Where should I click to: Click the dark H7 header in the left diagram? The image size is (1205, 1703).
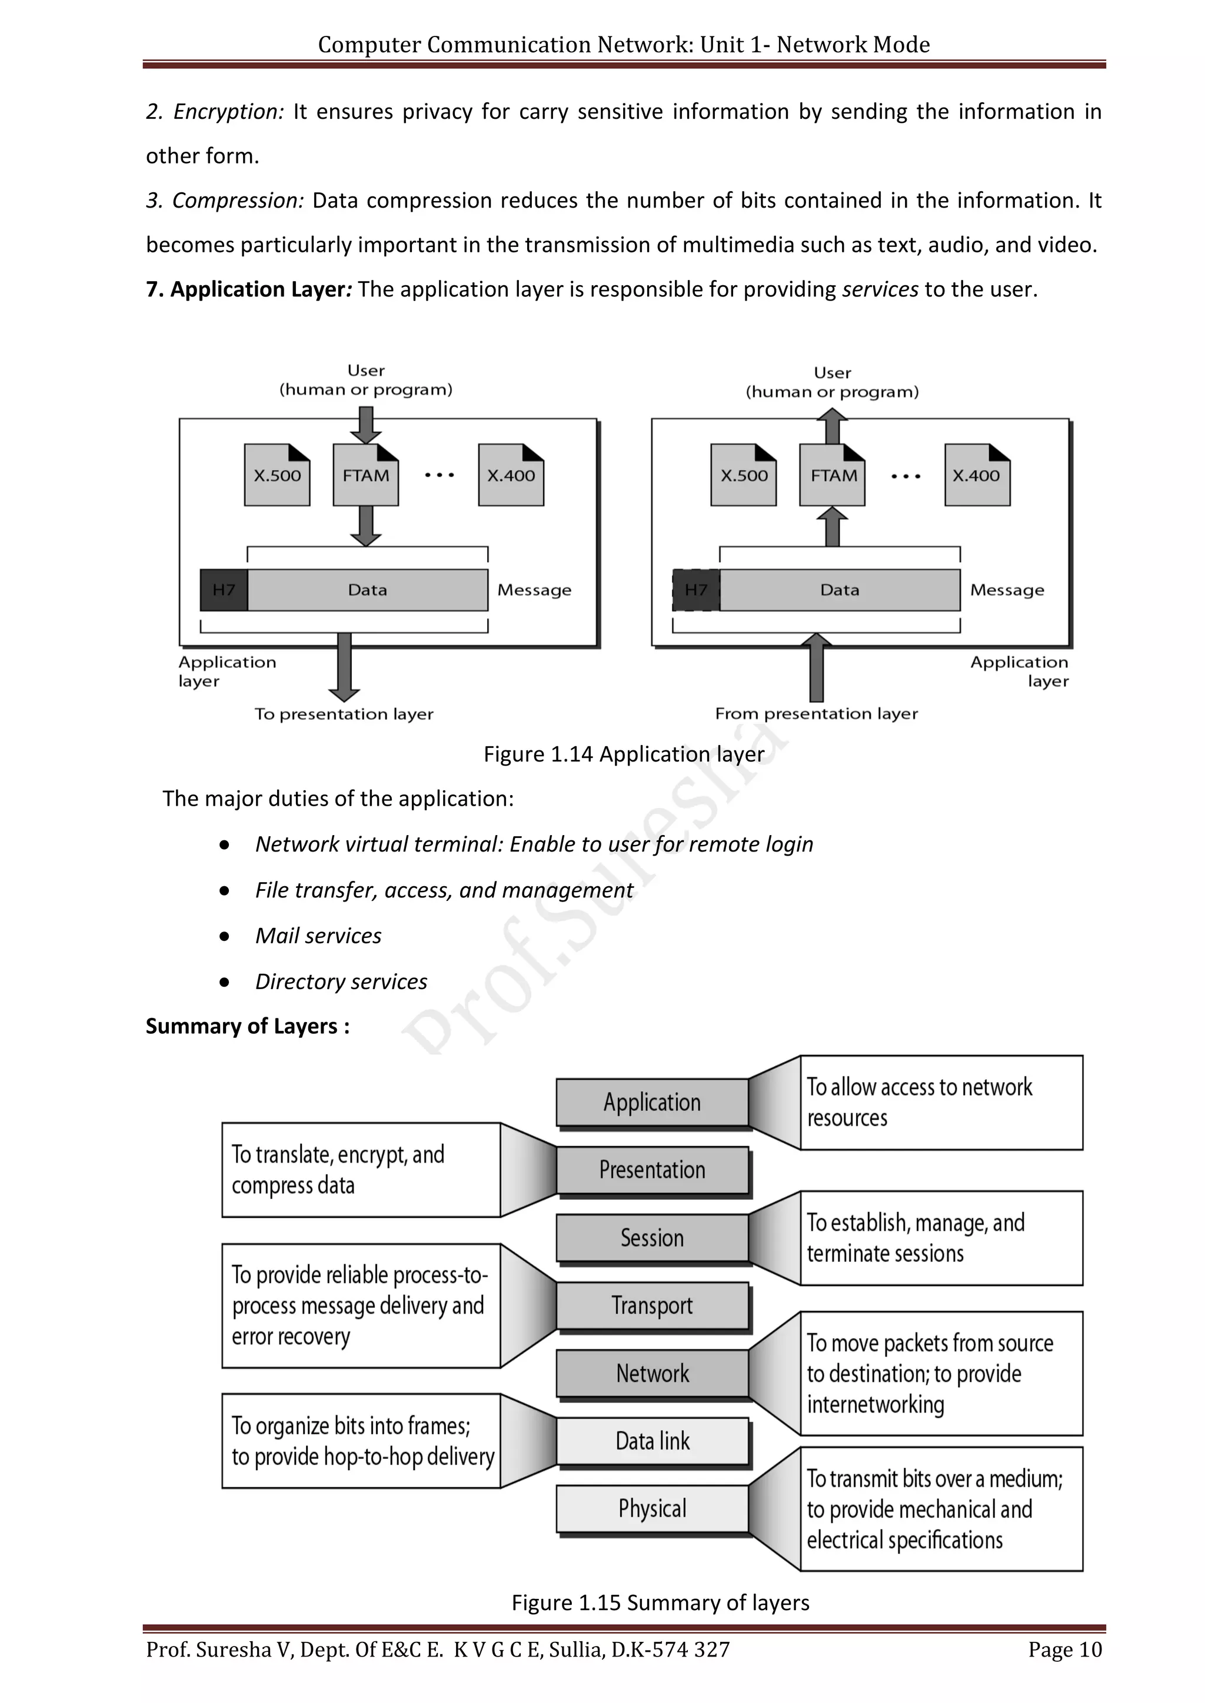click(x=224, y=590)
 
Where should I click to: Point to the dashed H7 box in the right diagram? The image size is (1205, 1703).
click(x=696, y=590)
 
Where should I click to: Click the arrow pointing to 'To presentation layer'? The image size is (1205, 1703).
click(x=344, y=666)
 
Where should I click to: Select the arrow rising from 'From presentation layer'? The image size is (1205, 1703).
click(x=816, y=667)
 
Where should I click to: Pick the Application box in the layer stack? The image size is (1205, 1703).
click(x=652, y=1102)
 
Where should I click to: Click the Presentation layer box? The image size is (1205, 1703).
click(x=652, y=1170)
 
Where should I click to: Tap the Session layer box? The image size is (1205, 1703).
click(x=652, y=1237)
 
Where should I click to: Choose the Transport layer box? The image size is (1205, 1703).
click(x=652, y=1305)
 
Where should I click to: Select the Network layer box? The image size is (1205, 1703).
click(x=652, y=1373)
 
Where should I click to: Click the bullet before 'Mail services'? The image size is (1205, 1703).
click(x=224, y=936)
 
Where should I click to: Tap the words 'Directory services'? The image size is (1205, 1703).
click(x=341, y=981)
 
